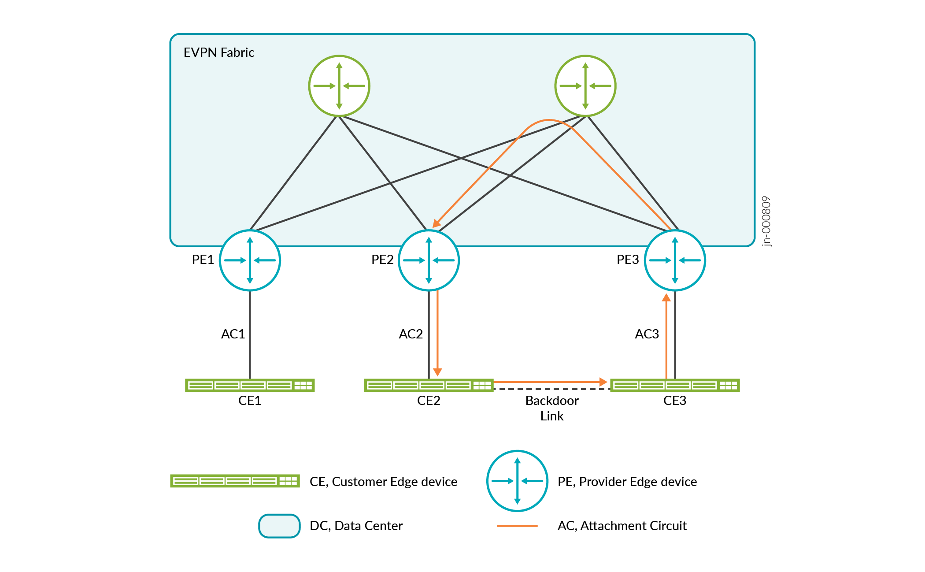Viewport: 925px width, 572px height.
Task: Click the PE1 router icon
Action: [250, 260]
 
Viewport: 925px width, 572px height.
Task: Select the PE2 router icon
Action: [429, 260]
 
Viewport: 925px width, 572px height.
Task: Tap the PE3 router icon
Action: [675, 260]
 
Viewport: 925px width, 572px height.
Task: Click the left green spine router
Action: [339, 86]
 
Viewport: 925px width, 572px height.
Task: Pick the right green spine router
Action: [585, 86]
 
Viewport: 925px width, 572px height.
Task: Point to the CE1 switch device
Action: [250, 386]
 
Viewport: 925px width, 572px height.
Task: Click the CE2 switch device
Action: [429, 386]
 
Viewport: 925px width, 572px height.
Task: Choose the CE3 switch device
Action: [675, 386]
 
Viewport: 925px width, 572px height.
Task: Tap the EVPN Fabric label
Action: [219, 53]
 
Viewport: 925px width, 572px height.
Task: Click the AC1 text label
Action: [233, 334]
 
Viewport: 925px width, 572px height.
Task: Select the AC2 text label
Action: [411, 334]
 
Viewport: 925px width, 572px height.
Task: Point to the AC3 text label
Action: [647, 334]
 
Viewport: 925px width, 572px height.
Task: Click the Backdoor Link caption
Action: [552, 408]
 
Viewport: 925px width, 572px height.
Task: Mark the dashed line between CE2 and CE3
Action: [551, 389]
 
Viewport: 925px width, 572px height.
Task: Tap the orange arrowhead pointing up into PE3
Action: [666, 298]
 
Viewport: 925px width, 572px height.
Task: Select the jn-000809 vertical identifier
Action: [766, 221]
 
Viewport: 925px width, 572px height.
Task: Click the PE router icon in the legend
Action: [517, 481]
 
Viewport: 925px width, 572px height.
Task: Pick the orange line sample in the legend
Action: [517, 526]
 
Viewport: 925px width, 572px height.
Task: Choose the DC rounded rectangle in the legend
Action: [279, 526]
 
